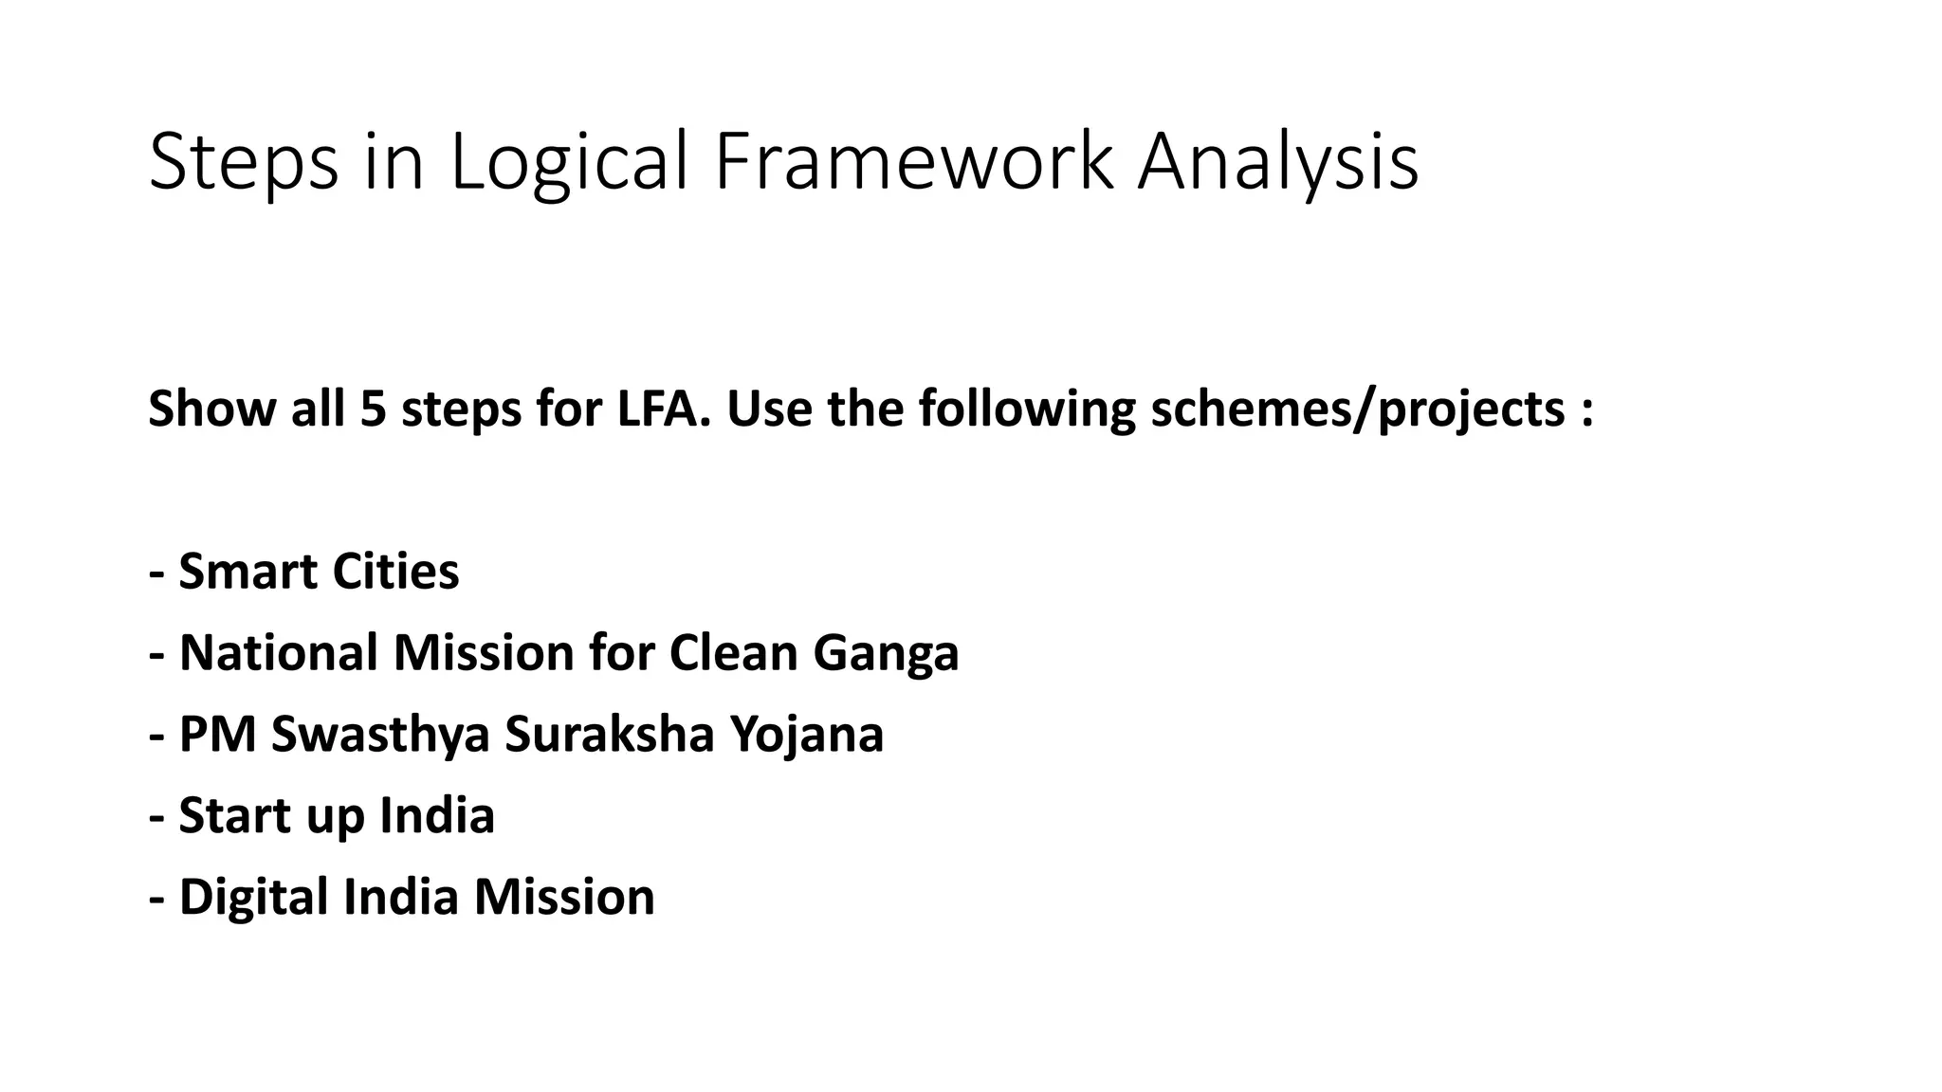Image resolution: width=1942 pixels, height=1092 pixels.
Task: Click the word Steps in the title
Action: (244, 163)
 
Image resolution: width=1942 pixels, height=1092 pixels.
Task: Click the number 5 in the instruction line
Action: (372, 409)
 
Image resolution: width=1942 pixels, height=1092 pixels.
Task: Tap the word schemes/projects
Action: (1357, 409)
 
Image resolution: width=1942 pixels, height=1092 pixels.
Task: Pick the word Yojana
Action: (806, 735)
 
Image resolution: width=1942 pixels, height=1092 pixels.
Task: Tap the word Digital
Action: (253, 897)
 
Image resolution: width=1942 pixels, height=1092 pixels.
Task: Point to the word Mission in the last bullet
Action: (564, 897)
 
